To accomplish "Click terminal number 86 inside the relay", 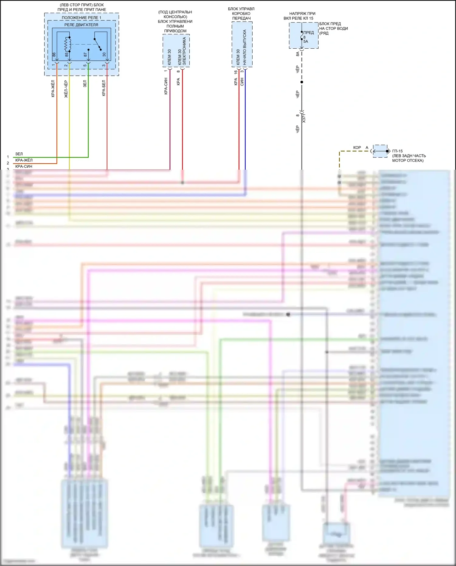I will pyautogui.click(x=54, y=55).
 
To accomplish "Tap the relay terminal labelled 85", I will pyautogui.click(x=67, y=55).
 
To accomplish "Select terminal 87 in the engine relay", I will pyautogui.click(x=85, y=55).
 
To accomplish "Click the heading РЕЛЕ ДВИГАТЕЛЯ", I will pyautogui.click(x=81, y=25).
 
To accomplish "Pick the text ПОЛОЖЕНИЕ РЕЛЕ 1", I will pyautogui.click(x=81, y=18).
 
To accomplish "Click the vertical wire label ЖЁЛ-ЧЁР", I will pyautogui.click(x=66, y=89).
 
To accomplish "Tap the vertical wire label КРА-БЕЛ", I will pyautogui.click(x=104, y=88).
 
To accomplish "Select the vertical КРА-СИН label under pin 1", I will pyautogui.click(x=166, y=86).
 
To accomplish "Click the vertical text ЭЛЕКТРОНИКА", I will pyautogui.click(x=184, y=51).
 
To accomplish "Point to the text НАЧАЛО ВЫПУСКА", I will pyautogui.click(x=245, y=47).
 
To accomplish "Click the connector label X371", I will pyautogui.click(x=304, y=118).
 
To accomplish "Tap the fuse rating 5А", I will pyautogui.click(x=306, y=42).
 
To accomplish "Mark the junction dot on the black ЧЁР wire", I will pyautogui.click(x=302, y=82).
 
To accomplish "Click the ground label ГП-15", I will pyautogui.click(x=397, y=151).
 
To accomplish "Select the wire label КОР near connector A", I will pyautogui.click(x=357, y=148).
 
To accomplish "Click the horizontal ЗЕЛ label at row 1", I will pyautogui.click(x=19, y=154).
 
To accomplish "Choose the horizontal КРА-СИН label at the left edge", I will pyautogui.click(x=24, y=166).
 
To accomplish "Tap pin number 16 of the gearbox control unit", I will pyautogui.click(x=236, y=72).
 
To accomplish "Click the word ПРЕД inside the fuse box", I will pyautogui.click(x=309, y=33).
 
